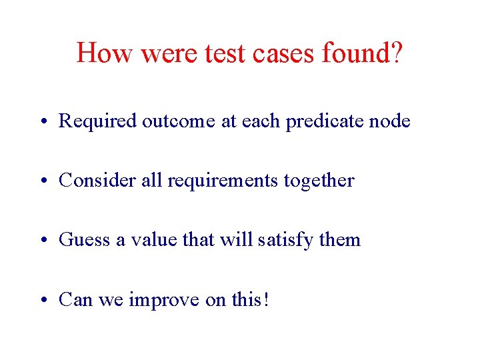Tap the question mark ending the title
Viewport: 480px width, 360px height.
coord(397,53)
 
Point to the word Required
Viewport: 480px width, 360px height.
coord(97,121)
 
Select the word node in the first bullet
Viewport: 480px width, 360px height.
coord(391,121)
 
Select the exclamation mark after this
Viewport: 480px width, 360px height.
coord(266,299)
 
